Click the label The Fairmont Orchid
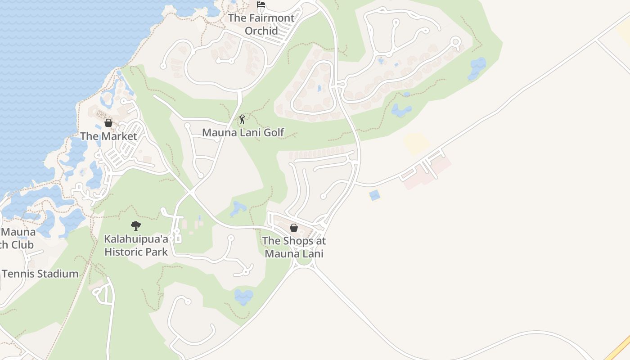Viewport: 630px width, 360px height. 261,24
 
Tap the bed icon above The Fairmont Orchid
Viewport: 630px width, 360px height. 261,5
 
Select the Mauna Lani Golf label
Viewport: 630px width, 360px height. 243,132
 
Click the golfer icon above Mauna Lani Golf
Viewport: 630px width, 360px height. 242,119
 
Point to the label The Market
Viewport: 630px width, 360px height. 108,136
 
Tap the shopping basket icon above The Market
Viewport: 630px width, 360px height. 108,123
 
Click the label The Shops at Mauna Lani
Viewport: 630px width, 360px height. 294,247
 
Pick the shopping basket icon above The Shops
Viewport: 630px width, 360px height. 294,228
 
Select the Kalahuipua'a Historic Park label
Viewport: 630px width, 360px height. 136,245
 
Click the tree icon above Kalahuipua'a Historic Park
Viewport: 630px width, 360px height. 136,226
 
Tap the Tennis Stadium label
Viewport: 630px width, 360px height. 40,274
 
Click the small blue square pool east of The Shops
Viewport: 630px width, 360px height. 374,195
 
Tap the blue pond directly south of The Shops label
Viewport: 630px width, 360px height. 243,297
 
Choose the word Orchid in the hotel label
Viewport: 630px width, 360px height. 261,31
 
